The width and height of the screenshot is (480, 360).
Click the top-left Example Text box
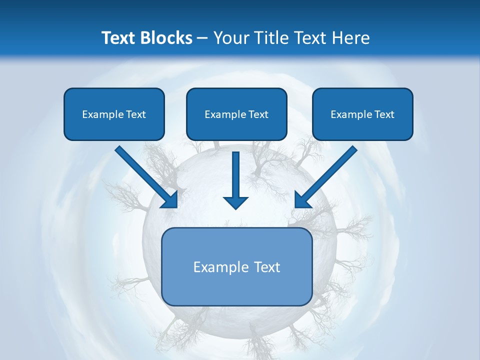coord(114,114)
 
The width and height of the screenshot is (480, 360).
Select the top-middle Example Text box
coord(236,114)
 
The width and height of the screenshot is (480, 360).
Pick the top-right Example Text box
coord(362,114)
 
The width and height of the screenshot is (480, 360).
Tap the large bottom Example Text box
coord(236,266)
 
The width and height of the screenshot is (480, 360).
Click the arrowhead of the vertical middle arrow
coord(235,201)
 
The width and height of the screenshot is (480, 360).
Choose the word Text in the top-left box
coord(135,114)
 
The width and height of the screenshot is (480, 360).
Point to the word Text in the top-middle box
coord(258,114)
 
